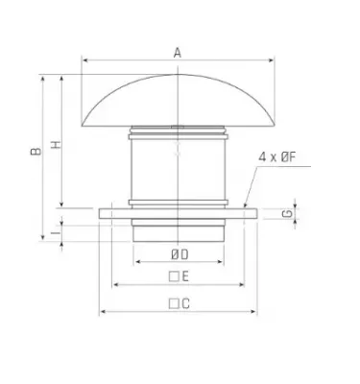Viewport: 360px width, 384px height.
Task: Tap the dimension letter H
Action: point(56,145)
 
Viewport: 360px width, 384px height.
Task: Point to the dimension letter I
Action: point(55,230)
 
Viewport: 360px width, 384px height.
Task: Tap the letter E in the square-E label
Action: point(185,276)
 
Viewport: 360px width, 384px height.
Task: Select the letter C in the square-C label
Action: point(185,303)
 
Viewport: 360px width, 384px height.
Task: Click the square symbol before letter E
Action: point(173,276)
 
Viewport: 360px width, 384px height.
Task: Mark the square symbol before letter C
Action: point(173,303)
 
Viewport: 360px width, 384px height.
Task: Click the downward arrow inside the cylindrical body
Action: point(178,152)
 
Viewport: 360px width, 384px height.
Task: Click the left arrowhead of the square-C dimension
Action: point(102,312)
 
